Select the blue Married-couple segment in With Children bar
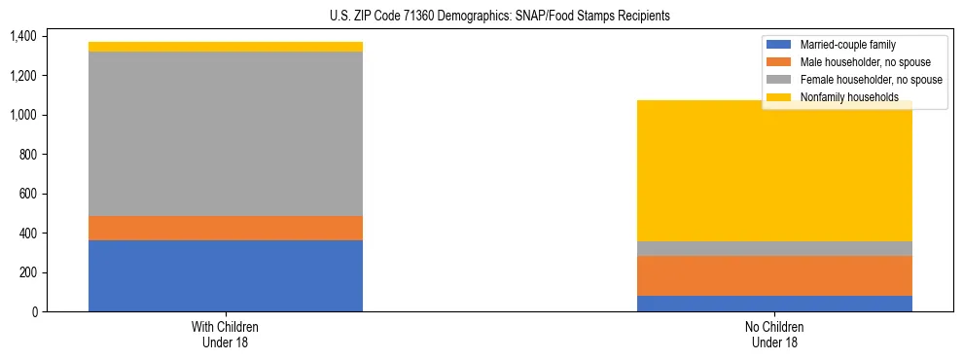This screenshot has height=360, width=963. click(x=226, y=275)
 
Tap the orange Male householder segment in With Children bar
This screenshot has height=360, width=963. click(x=226, y=228)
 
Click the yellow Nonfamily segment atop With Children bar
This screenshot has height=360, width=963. click(x=226, y=47)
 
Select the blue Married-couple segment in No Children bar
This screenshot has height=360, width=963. click(x=774, y=304)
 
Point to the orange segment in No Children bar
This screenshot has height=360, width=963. click(x=774, y=275)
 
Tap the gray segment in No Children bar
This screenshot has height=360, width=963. click(x=774, y=248)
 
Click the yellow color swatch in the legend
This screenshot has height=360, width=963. click(x=779, y=97)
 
